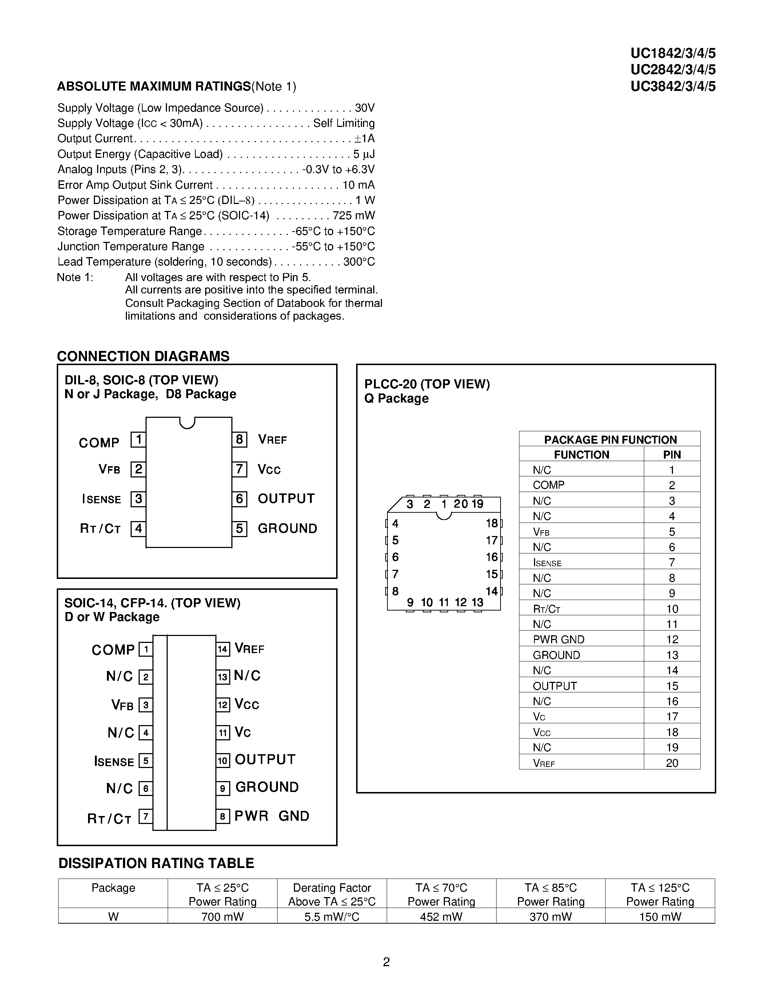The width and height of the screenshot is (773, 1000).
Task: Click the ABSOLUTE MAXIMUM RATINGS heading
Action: coord(154,87)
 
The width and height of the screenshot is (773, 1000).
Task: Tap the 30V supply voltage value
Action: coord(365,108)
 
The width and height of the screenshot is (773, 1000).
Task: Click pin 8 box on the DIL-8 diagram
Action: coord(239,440)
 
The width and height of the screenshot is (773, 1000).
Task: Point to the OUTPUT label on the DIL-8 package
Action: coord(286,499)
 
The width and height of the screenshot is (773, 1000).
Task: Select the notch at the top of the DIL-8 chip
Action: coord(187,423)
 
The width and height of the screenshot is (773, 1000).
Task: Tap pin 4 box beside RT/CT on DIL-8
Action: coord(138,529)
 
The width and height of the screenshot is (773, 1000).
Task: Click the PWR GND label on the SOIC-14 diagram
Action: coord(272,816)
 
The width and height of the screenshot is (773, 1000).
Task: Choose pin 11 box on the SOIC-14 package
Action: coord(223,733)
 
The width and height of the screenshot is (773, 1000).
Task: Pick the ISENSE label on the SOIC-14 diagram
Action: coord(114,761)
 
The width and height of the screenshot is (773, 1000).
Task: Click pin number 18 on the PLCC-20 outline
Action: coord(492,523)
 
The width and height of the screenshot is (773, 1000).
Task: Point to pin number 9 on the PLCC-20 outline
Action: coord(410,603)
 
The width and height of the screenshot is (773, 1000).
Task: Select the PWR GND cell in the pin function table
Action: coord(558,640)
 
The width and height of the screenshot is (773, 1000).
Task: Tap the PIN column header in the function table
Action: coord(672,455)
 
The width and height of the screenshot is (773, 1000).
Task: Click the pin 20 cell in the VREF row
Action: coord(672,763)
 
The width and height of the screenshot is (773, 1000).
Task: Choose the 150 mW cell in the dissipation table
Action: coord(660,917)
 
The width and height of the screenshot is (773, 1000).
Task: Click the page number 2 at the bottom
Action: coord(386,962)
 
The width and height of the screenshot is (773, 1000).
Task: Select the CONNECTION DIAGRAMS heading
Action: coord(143,356)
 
